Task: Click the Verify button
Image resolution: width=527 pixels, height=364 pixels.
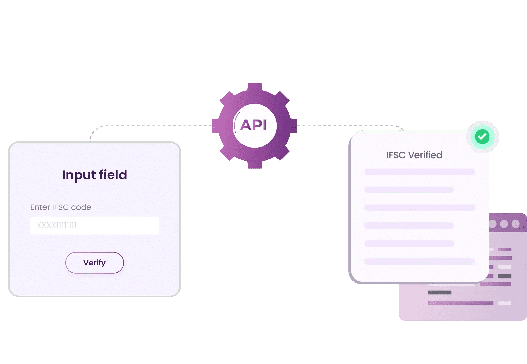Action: [95, 263]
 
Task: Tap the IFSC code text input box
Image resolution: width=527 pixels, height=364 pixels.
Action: [95, 225]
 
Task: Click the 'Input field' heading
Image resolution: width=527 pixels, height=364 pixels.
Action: [94, 175]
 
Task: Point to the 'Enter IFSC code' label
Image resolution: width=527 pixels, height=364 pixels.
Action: [61, 207]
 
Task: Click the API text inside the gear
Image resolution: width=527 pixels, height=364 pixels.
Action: [254, 125]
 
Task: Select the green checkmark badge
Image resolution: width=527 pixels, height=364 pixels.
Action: [482, 137]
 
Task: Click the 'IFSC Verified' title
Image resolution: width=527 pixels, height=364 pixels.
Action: [414, 155]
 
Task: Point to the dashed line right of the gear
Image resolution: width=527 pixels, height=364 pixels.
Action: [346, 126]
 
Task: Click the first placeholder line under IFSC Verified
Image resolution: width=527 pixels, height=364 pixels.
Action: [419, 172]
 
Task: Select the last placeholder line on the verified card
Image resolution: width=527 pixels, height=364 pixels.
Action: [419, 262]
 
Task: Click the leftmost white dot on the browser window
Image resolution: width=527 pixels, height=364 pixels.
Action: [493, 224]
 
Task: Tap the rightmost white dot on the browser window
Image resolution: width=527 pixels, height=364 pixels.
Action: [516, 224]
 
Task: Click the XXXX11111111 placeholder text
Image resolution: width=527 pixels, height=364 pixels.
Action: [56, 225]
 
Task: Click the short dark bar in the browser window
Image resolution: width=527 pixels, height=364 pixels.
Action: [440, 293]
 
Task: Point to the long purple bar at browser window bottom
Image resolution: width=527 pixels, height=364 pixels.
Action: [460, 303]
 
